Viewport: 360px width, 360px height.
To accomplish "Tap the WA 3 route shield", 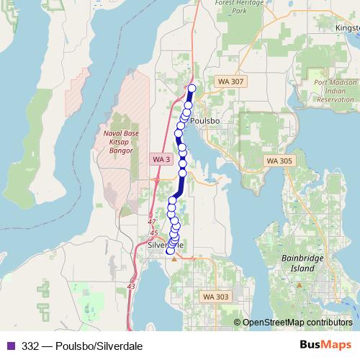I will click(160, 158).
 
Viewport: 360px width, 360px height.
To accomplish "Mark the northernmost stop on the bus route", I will click(192, 89).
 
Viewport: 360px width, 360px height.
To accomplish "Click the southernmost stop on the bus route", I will click(170, 251).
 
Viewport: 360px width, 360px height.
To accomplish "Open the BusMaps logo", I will click(325, 345).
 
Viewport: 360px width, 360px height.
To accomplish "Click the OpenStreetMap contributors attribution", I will click(297, 323).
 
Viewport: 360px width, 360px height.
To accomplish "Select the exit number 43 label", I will click(130, 286).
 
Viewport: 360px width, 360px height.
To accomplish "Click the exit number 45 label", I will click(153, 233).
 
